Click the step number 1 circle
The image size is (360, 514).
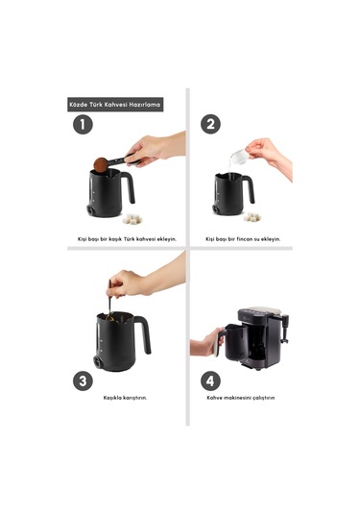coord(83,125)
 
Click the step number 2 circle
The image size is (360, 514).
coord(210,124)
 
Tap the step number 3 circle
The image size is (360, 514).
coord(83,380)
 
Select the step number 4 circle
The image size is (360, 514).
coord(210,380)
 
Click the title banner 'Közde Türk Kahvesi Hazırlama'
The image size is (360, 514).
coord(115,105)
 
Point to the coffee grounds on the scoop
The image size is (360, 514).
coord(101,164)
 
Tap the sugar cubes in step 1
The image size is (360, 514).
coord(132,219)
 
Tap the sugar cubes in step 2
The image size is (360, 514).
coord(252,217)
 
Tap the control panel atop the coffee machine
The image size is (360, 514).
coord(261,310)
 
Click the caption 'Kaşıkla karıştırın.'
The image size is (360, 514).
coord(125,398)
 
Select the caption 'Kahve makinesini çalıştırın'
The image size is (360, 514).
coord(241,398)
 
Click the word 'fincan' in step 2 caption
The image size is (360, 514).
coord(241,239)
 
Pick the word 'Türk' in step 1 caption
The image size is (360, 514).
coord(128,239)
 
